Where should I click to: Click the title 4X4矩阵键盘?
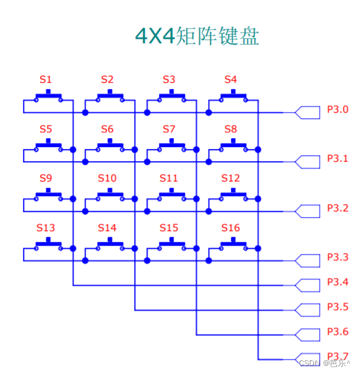coord(197,36)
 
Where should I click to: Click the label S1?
coord(46,80)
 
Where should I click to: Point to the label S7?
coord(169,129)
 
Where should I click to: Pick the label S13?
coord(46,227)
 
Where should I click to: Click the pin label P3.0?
coord(338,109)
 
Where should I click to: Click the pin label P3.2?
coord(338,208)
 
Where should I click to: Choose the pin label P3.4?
coord(338,282)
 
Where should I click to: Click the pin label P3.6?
coord(338,332)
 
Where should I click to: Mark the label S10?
coord(107,178)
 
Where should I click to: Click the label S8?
coord(230,129)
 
